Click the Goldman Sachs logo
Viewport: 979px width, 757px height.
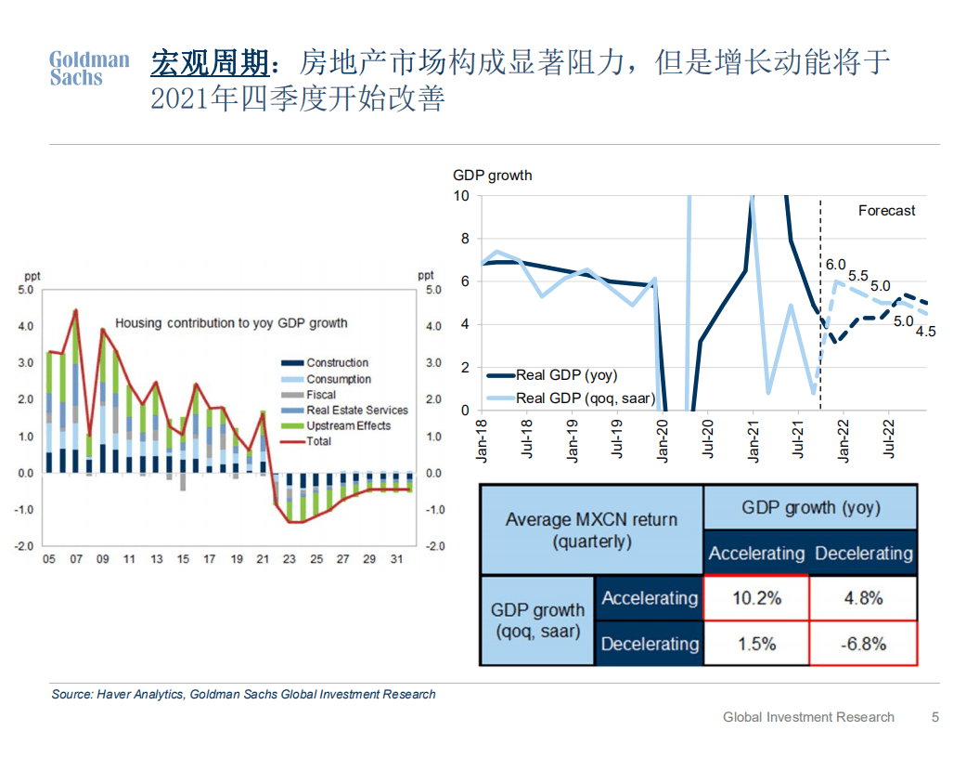pyautogui.click(x=89, y=69)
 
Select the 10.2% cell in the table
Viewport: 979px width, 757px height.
pyautogui.click(x=756, y=598)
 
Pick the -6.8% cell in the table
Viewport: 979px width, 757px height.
pyautogui.click(x=863, y=643)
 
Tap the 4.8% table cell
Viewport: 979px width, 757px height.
pyautogui.click(x=863, y=598)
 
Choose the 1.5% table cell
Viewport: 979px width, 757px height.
pyautogui.click(x=756, y=643)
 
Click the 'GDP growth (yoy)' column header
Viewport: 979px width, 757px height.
pyautogui.click(x=810, y=507)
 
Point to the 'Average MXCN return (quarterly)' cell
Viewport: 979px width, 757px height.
pyautogui.click(x=591, y=529)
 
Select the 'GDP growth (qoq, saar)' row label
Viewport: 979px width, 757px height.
pyautogui.click(x=537, y=620)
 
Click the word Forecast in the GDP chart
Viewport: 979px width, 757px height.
pyautogui.click(x=886, y=211)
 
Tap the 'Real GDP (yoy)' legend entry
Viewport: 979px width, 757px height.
pyautogui.click(x=566, y=375)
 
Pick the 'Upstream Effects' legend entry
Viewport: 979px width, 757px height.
pyautogui.click(x=348, y=425)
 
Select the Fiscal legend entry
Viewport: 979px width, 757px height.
pyautogui.click(x=321, y=395)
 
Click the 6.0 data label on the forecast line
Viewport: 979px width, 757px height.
pyautogui.click(x=836, y=265)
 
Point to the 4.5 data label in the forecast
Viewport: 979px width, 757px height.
pyautogui.click(x=925, y=331)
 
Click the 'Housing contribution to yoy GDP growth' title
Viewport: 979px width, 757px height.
pyautogui.click(x=231, y=323)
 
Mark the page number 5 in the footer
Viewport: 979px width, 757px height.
pyautogui.click(x=935, y=717)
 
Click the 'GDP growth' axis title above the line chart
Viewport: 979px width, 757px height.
pyautogui.click(x=492, y=175)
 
